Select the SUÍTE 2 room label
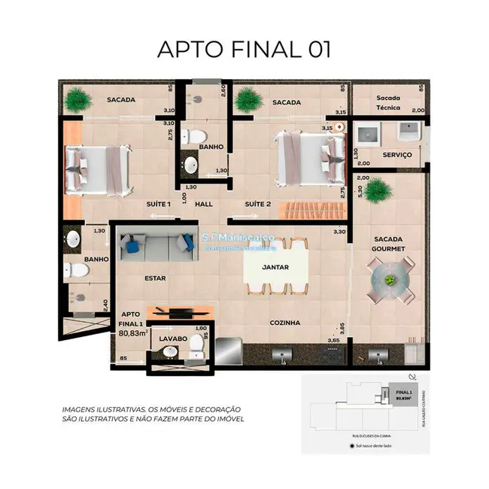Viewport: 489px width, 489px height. (x=257, y=204)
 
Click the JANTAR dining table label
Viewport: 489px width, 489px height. (x=277, y=266)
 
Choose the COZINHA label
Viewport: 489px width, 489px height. (x=284, y=322)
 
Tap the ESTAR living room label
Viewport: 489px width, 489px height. (x=154, y=278)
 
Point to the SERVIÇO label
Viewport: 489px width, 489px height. (x=396, y=154)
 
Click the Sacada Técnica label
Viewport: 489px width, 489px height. (x=389, y=103)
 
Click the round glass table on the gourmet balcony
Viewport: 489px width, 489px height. (x=390, y=280)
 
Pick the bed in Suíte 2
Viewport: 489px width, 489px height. (x=304, y=159)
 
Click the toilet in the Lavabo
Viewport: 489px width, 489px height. (x=197, y=345)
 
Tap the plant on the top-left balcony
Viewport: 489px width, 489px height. (x=77, y=99)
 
